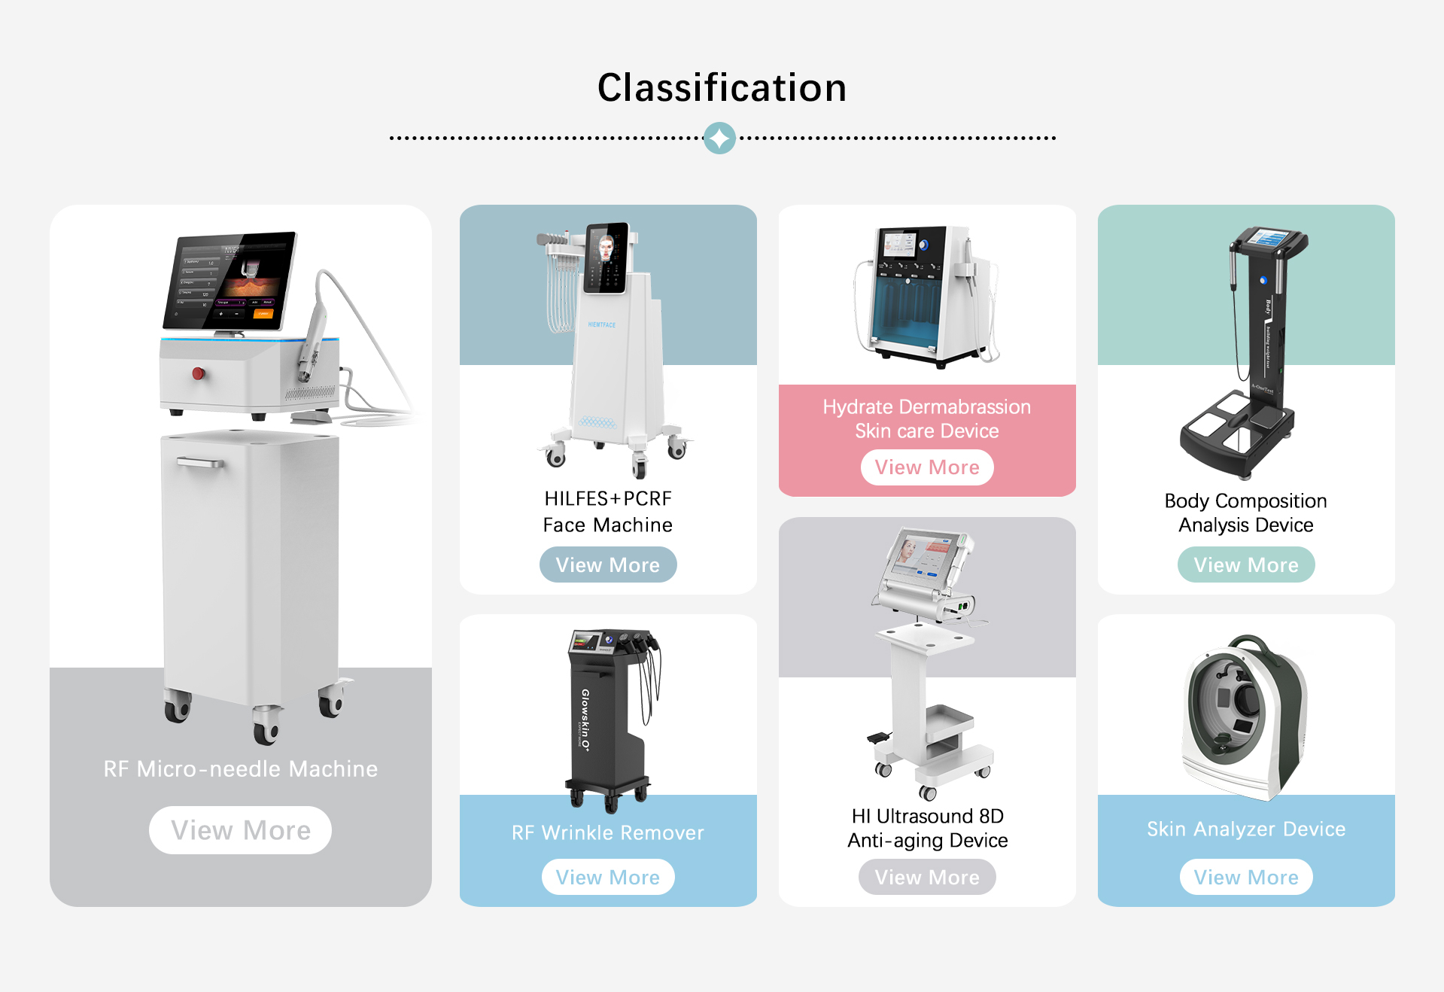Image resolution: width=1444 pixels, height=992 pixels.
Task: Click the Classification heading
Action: [x=722, y=87]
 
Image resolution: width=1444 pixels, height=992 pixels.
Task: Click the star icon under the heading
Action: [x=719, y=138]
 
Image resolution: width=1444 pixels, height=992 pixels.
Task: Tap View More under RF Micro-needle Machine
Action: [x=240, y=830]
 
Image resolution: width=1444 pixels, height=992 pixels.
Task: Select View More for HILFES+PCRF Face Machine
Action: [x=607, y=564]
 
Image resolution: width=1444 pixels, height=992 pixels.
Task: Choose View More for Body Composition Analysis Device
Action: [x=1245, y=564]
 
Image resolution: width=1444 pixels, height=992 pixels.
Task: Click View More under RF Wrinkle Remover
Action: [x=607, y=877]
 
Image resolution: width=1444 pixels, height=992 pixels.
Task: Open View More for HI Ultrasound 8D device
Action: [x=926, y=877]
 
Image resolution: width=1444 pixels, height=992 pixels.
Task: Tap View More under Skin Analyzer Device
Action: [x=1245, y=877]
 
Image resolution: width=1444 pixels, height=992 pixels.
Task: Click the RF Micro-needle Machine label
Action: [x=240, y=768]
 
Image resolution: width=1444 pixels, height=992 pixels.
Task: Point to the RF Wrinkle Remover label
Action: [x=607, y=832]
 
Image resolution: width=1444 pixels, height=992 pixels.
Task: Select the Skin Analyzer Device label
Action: [x=1245, y=829]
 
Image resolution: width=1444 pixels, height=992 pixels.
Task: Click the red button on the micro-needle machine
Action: [x=199, y=373]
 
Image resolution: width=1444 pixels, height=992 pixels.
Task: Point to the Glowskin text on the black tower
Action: [x=585, y=719]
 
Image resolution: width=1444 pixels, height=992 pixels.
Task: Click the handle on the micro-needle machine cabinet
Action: [x=200, y=462]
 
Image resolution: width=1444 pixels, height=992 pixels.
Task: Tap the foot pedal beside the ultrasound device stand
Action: [x=878, y=738]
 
